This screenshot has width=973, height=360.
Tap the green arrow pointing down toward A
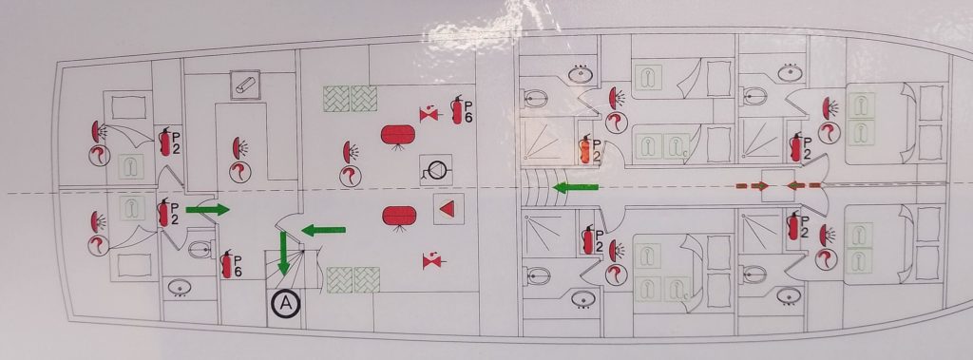[x=283, y=256]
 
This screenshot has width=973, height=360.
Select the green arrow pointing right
[x=207, y=209]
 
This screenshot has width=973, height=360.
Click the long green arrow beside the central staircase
[x=577, y=187]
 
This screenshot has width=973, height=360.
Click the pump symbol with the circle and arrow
[x=434, y=171]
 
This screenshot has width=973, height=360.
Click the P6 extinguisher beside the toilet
[x=228, y=264]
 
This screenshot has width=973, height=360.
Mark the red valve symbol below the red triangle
[x=431, y=258]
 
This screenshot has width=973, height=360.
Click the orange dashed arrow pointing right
[x=752, y=185]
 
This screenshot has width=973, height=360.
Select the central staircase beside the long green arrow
[x=538, y=187]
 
